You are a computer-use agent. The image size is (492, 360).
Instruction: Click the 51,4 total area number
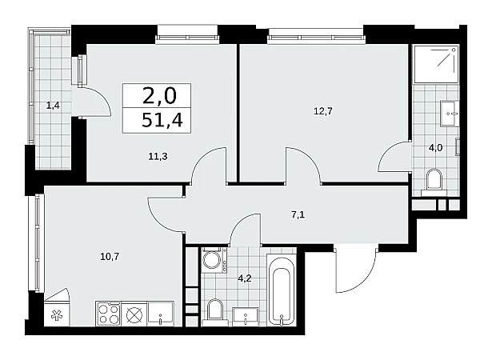pos(162,120)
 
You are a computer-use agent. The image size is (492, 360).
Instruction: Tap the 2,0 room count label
pos(159,96)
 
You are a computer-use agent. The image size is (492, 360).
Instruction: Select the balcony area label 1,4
pos(53,106)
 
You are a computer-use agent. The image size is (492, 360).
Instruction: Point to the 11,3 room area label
pos(158,156)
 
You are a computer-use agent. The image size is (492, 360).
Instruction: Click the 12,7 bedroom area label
pos(323,110)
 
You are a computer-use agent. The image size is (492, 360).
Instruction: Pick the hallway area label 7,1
pos(298,215)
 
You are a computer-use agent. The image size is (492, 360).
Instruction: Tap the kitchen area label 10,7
pos(110,257)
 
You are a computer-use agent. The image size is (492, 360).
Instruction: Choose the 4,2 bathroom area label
pos(245,278)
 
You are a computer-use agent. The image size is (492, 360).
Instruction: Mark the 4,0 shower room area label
pos(435,147)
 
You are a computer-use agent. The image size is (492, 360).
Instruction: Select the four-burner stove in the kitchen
pos(108,314)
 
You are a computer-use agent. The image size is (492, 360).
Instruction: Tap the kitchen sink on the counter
pos(160,314)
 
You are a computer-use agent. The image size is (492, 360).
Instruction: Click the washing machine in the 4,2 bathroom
pos(214,259)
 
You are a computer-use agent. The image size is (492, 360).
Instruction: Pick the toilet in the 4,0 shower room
pos(434,180)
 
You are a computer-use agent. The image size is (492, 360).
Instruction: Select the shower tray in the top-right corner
pos(436,64)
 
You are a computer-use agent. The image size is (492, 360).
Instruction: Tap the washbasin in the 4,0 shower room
pos(450,114)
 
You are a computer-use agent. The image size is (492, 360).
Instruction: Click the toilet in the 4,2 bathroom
pos(215,312)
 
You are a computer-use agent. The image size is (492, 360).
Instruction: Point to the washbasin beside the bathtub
pos(246,316)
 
